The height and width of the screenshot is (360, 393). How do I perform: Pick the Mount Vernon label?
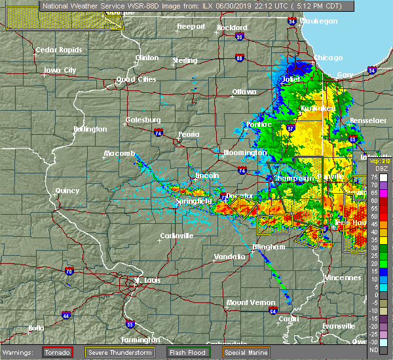[x=246, y=302]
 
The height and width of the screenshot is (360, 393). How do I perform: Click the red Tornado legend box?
[x=57, y=352]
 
